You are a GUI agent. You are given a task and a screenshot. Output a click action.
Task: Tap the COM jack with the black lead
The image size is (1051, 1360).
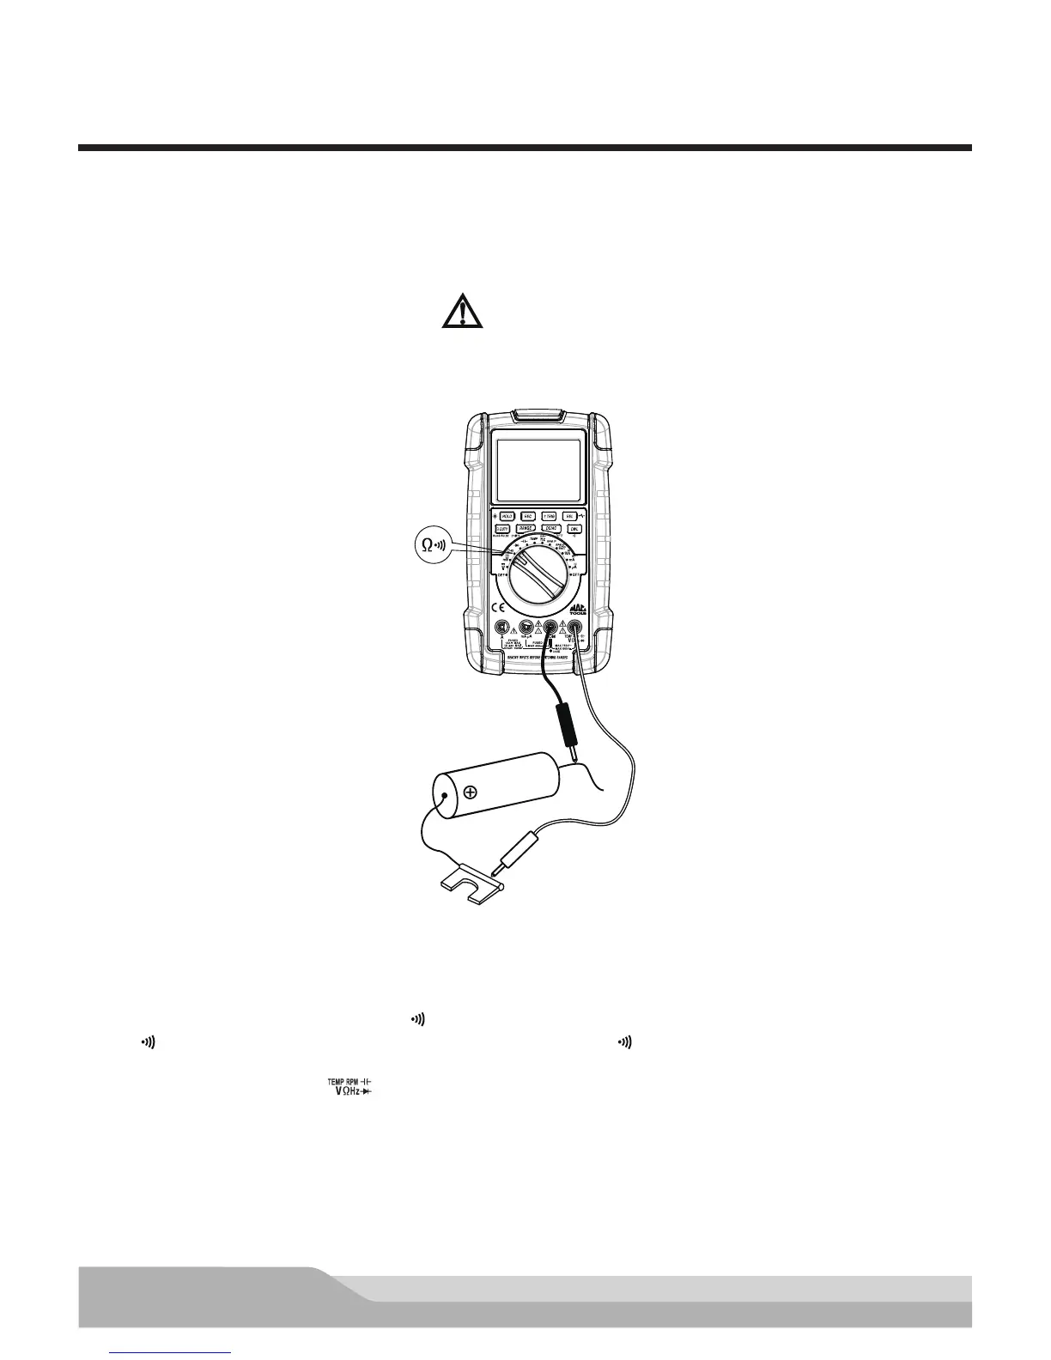point(551,628)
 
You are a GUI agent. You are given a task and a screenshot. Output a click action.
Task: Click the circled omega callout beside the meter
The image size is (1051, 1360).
point(428,544)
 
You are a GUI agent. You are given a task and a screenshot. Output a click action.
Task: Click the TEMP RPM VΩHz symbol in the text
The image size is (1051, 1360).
point(353,1085)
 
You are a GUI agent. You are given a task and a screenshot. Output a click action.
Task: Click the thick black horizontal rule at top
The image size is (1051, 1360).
point(525,148)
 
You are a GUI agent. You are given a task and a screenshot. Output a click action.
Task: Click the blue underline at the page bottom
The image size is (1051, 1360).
point(172,1353)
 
